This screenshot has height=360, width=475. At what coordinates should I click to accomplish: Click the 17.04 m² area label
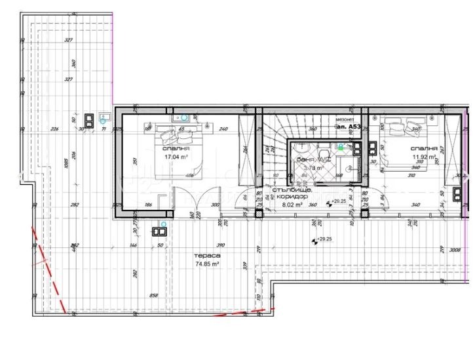click(x=176, y=157)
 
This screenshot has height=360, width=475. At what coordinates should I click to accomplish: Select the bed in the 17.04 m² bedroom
click(x=175, y=136)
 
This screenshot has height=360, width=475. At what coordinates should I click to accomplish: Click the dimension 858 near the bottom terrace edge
click(x=153, y=295)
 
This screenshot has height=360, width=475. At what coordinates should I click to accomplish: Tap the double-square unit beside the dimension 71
click(x=88, y=119)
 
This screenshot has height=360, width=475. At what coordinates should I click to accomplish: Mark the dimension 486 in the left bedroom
click(x=191, y=176)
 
